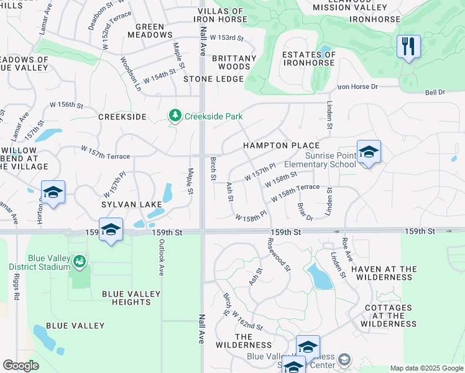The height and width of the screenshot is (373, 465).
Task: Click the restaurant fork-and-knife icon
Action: tap(408, 47)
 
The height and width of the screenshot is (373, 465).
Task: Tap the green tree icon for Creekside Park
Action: tap(176, 116)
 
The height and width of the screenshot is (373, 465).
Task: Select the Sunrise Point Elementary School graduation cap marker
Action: tap(369, 152)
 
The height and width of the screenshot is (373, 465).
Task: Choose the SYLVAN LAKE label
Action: tap(128, 204)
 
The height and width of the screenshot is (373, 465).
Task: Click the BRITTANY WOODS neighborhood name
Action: tap(234, 62)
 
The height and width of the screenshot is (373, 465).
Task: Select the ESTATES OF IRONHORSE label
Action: tap(309, 59)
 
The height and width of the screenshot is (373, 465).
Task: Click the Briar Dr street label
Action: tap(305, 211)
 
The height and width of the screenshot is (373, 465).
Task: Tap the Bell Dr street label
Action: tap(435, 93)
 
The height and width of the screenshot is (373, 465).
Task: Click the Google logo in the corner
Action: tap(21, 365)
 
